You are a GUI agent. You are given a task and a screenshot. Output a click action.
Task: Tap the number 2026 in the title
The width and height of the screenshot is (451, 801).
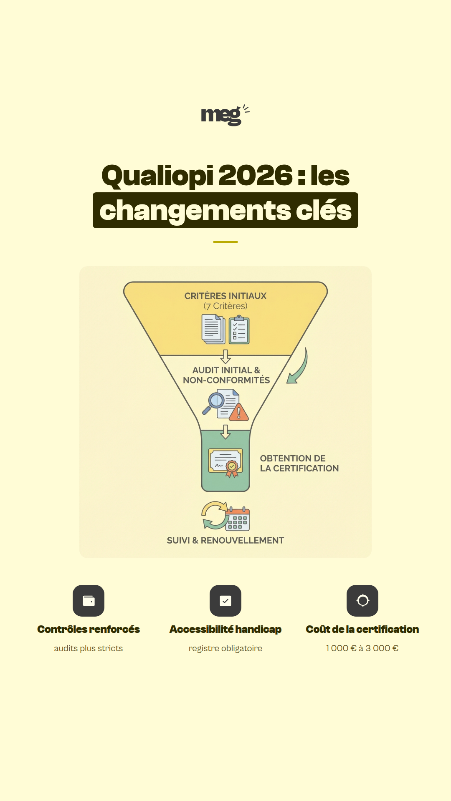click(256, 175)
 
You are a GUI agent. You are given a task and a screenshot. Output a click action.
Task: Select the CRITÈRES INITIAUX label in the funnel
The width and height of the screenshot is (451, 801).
click(225, 296)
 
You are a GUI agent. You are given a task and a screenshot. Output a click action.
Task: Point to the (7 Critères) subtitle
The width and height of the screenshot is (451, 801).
click(225, 306)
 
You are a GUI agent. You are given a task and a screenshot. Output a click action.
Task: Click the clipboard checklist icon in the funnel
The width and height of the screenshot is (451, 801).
click(239, 330)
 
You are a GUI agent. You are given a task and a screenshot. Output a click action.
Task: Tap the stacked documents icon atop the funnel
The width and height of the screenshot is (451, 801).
click(213, 330)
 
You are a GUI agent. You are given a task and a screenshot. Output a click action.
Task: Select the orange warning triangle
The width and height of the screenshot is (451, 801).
click(239, 412)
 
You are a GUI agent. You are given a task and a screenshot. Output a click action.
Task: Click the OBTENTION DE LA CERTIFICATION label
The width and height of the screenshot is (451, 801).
click(299, 463)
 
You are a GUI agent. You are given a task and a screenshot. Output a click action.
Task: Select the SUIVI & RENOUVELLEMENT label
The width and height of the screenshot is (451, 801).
click(225, 541)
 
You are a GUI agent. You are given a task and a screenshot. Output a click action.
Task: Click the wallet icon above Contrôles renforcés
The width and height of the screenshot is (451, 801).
click(89, 601)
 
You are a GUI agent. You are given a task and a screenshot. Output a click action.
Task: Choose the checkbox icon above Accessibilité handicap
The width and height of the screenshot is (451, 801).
click(225, 601)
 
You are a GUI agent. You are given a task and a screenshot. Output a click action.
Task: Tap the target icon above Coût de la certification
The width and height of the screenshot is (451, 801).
click(362, 601)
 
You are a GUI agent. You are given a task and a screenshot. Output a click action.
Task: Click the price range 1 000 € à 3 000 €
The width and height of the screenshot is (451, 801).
click(362, 648)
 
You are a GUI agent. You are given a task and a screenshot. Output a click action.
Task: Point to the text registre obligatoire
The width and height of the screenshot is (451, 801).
click(225, 649)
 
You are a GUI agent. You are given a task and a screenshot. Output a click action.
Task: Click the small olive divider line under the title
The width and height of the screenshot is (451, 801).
click(225, 242)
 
